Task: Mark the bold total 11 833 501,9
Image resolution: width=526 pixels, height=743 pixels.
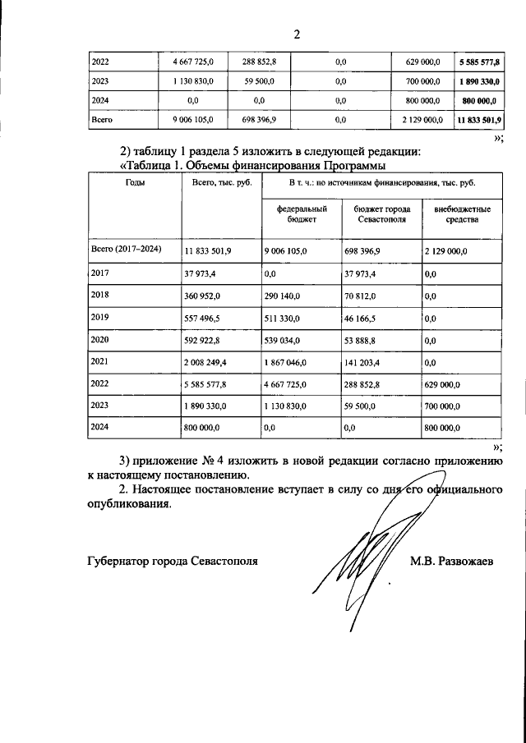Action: click(478, 120)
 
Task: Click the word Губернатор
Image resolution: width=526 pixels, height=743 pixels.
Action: click(122, 562)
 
